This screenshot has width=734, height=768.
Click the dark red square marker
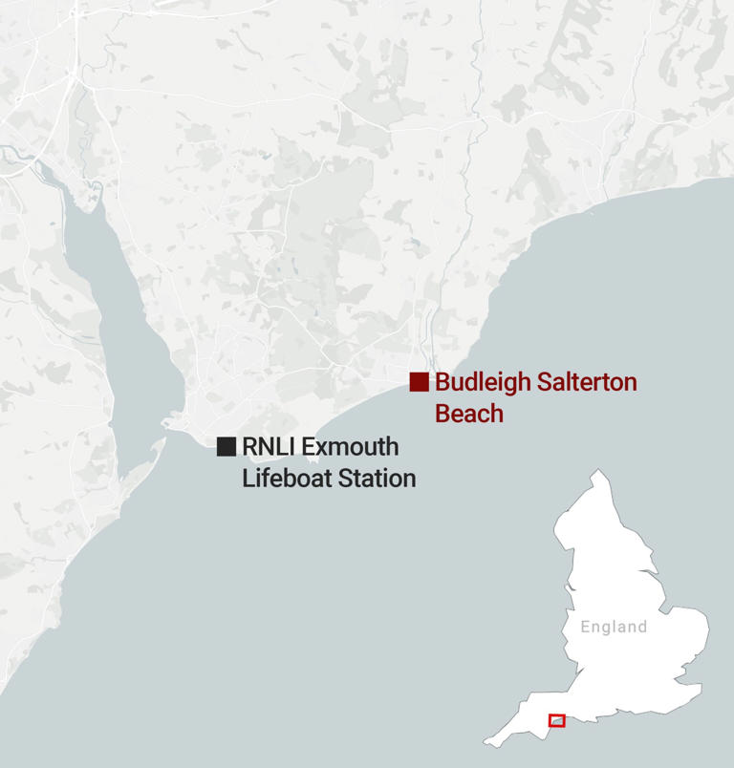(x=419, y=382)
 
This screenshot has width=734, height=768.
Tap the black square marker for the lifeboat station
(x=227, y=446)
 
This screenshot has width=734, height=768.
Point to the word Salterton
(x=585, y=383)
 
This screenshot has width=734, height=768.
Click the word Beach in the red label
(x=468, y=414)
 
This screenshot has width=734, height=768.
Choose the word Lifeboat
(x=284, y=478)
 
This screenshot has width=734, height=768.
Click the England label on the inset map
(x=614, y=628)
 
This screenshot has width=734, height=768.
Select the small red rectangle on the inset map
(x=556, y=719)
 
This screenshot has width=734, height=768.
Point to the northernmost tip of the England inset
(x=597, y=471)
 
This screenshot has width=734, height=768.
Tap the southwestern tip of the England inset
(x=487, y=742)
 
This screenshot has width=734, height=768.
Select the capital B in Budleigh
(x=443, y=383)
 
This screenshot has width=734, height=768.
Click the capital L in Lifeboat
(x=248, y=478)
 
